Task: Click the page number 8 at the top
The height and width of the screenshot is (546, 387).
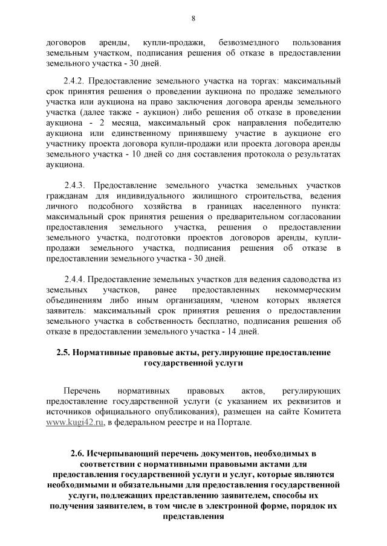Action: [x=193, y=18]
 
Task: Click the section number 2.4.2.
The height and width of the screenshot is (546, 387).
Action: [x=76, y=80]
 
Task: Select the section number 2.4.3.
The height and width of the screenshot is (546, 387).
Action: [x=76, y=184]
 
